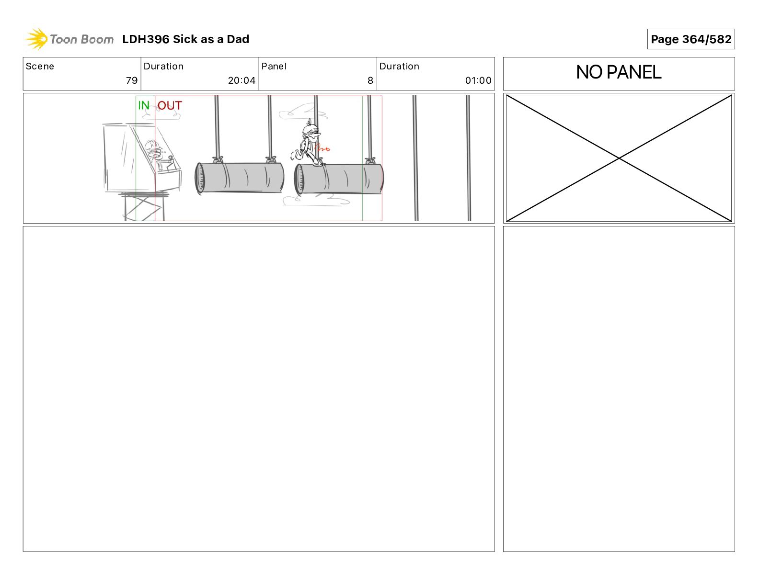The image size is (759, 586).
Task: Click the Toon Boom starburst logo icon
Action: click(36, 39)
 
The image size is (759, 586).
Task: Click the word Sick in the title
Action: click(185, 39)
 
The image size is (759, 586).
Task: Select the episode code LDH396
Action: click(146, 39)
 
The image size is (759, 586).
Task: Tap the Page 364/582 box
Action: click(690, 39)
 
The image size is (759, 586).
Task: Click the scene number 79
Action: click(132, 80)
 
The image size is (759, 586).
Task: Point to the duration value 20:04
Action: click(241, 80)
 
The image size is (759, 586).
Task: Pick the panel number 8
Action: click(370, 80)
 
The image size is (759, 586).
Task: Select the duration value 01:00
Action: click(478, 80)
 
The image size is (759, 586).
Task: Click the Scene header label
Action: click(40, 67)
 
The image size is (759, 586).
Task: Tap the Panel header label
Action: click(274, 67)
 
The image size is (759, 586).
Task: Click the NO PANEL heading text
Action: click(618, 72)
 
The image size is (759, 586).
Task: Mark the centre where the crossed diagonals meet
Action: click(619, 158)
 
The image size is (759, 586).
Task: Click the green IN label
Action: click(144, 105)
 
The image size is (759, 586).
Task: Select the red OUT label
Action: click(170, 105)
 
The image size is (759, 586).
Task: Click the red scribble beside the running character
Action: click(322, 148)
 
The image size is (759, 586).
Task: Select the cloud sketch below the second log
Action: click(315, 200)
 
